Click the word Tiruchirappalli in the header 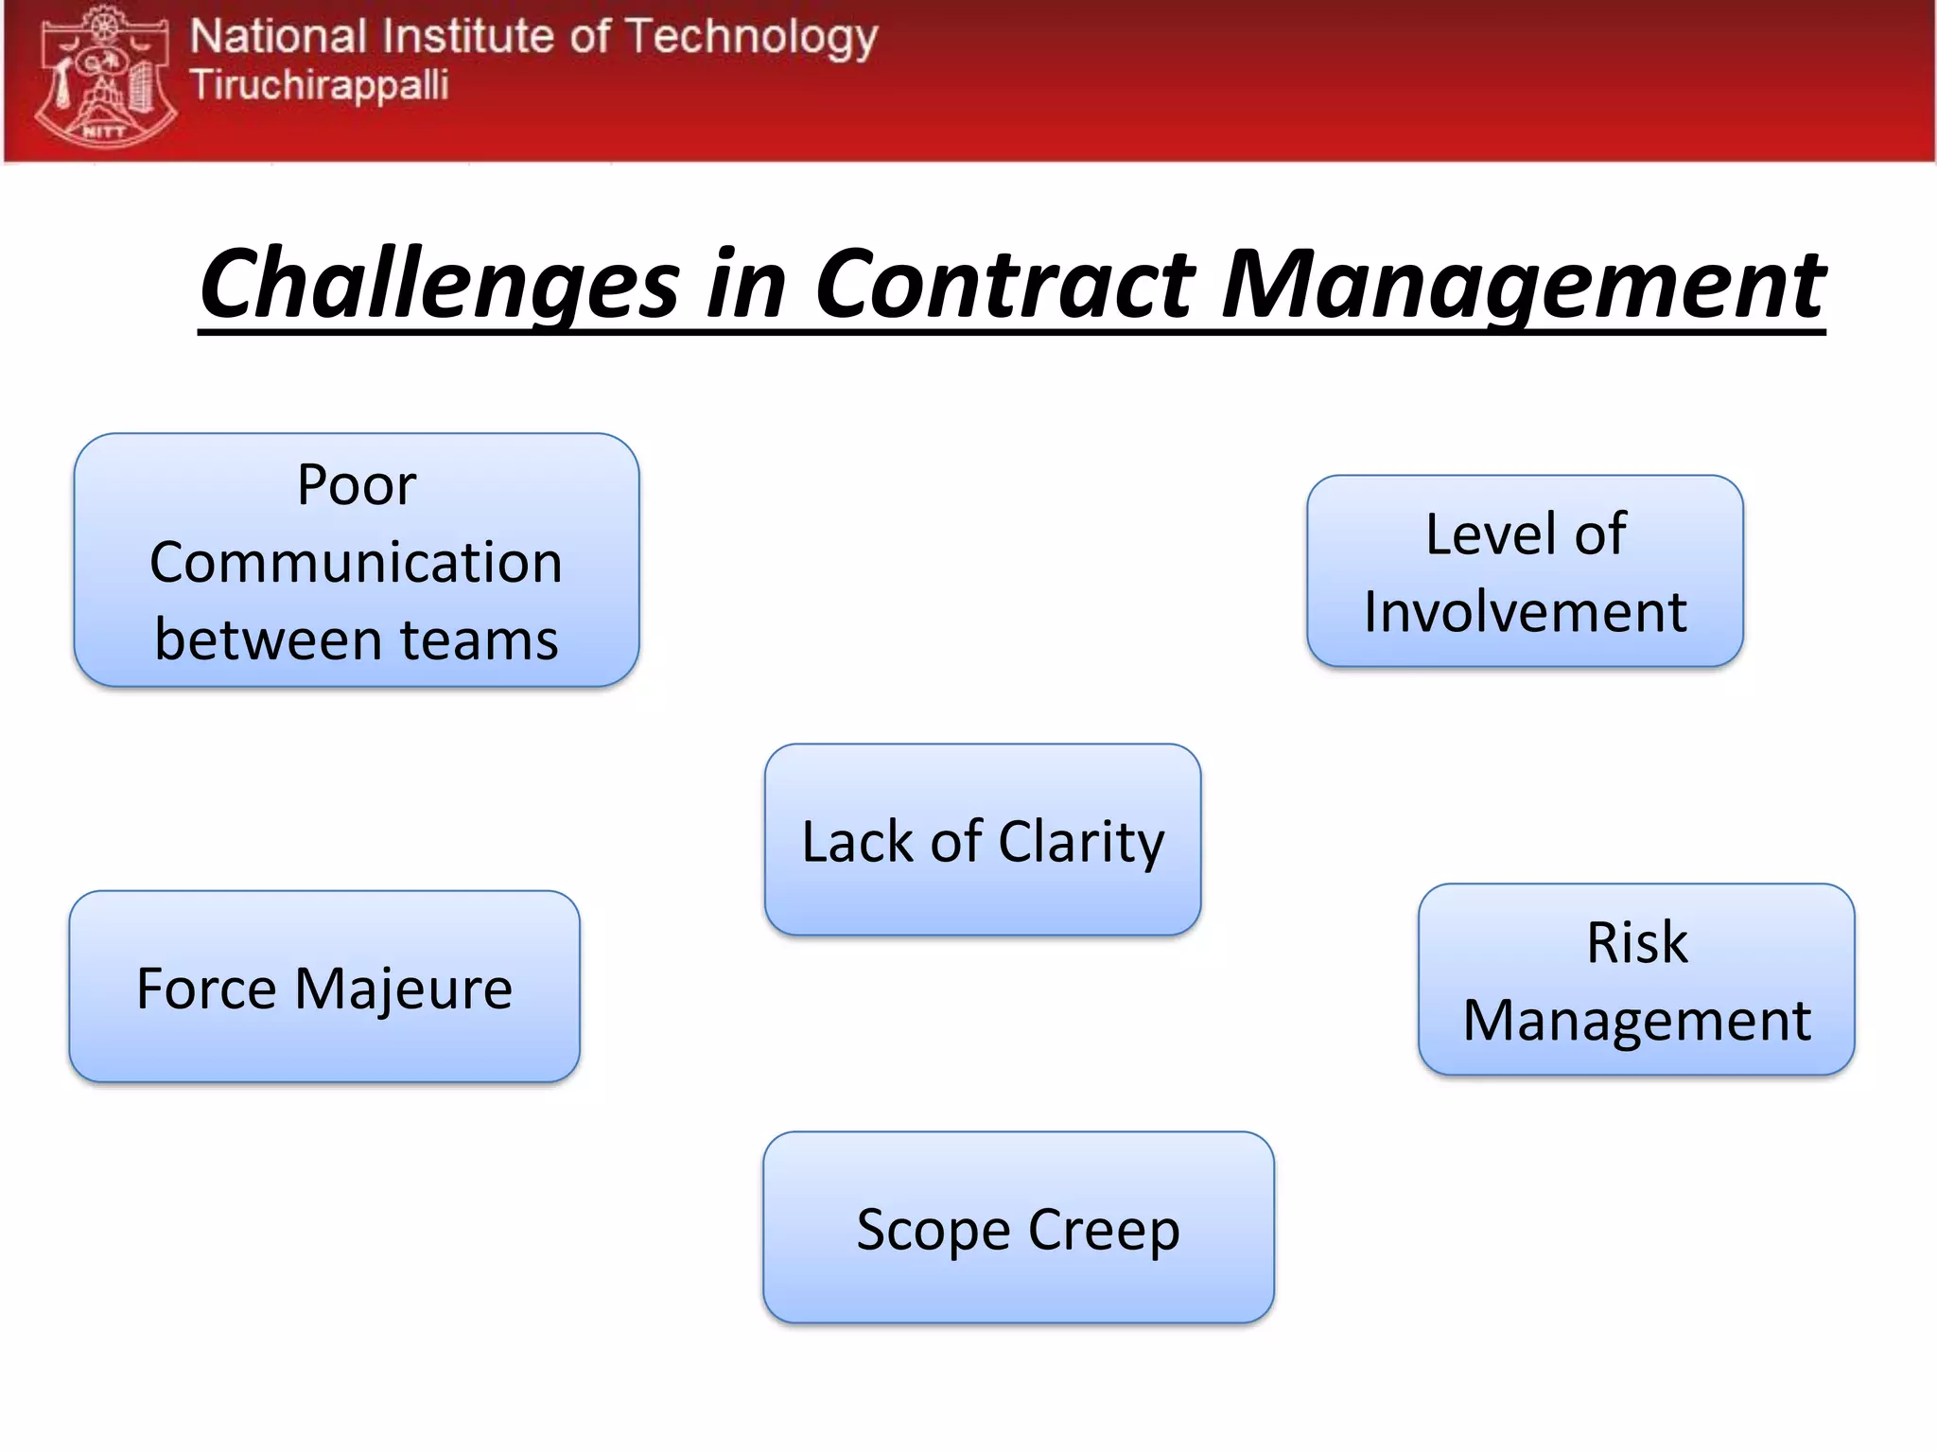coord(320,85)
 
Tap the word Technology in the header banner coord(752,38)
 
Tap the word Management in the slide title coord(1523,284)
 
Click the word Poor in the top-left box coord(357,485)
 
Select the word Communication coord(357,563)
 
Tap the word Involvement coord(1525,612)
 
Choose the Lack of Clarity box coord(983,839)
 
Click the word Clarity coord(1081,842)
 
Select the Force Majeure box coord(324,987)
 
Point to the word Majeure coord(404,989)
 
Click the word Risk coord(1636,943)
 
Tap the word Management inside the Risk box coord(1636,1022)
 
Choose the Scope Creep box coord(1019,1227)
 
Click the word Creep coord(1104,1231)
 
